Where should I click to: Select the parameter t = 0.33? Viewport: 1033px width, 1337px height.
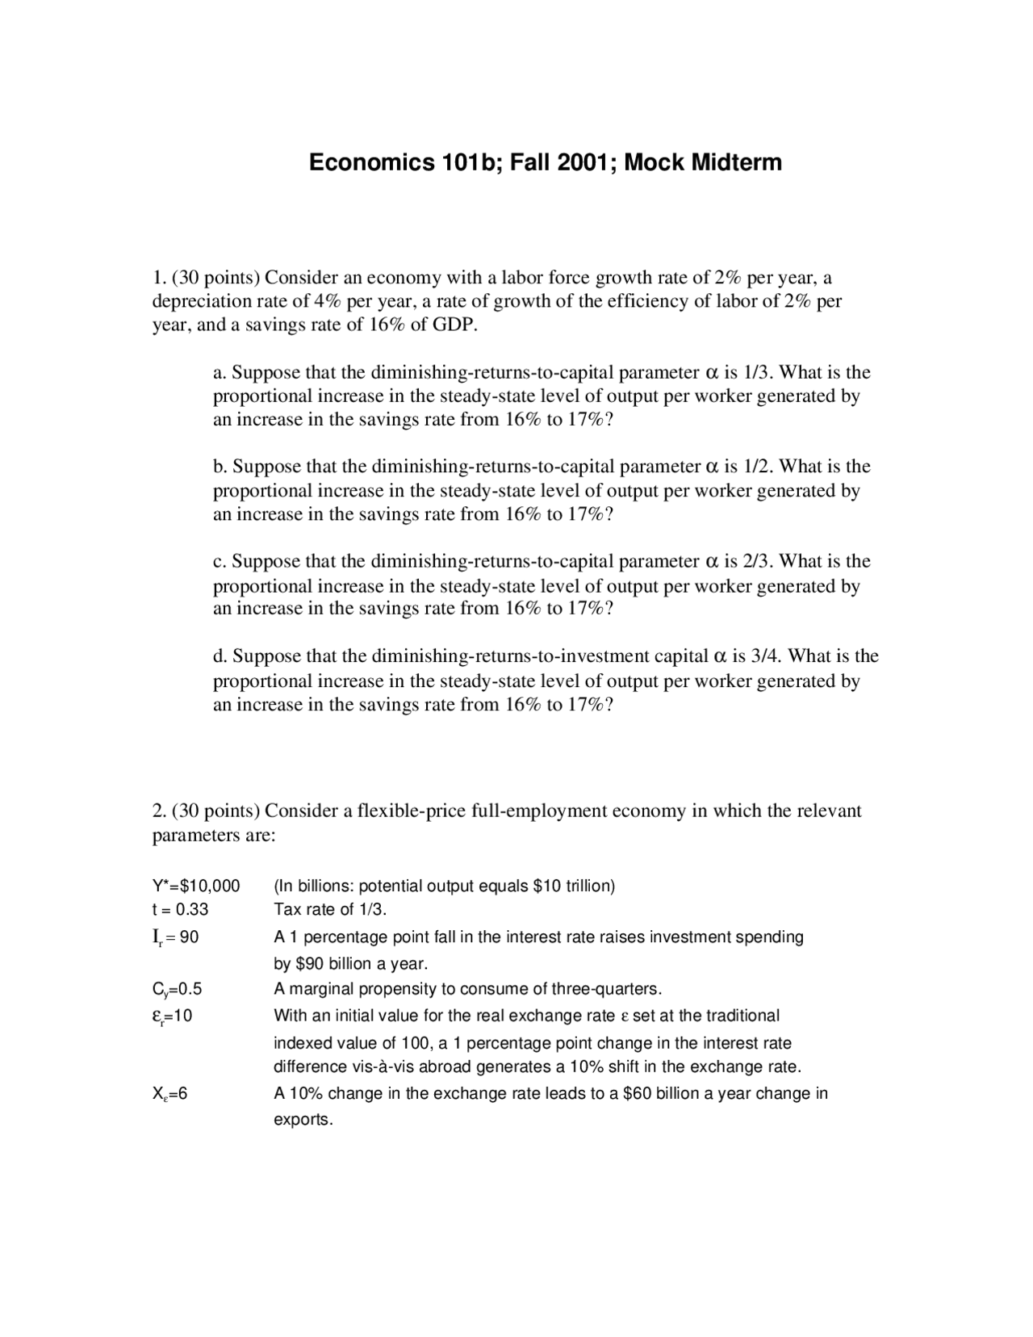click(180, 909)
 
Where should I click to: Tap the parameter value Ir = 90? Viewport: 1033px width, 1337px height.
click(175, 937)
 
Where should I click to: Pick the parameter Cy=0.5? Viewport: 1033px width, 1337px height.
click(177, 989)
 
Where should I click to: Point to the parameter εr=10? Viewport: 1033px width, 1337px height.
click(172, 1016)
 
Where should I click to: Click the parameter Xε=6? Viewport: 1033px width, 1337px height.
click(169, 1094)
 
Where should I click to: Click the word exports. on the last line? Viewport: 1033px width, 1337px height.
click(303, 1120)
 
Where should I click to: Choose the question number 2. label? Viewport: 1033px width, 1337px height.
click(159, 811)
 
